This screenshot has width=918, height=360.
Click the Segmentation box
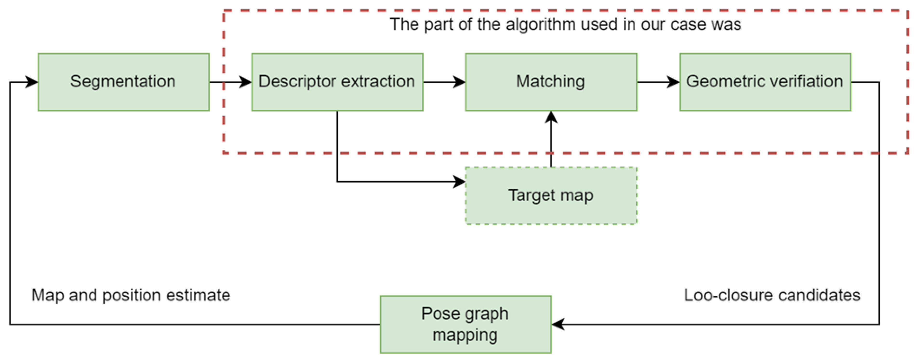pyautogui.click(x=123, y=82)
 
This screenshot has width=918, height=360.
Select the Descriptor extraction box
pyautogui.click(x=337, y=82)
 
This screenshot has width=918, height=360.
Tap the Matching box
pyautogui.click(x=551, y=82)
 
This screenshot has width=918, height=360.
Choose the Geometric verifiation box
pyautogui.click(x=765, y=82)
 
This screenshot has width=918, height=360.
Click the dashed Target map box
pyautogui.click(x=551, y=196)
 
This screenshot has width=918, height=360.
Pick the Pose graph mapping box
pyautogui.click(x=466, y=324)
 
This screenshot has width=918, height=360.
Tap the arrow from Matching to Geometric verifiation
pyautogui.click(x=658, y=82)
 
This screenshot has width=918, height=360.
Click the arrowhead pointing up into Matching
pyautogui.click(x=551, y=117)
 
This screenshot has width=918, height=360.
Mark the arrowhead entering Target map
pyautogui.click(x=459, y=181)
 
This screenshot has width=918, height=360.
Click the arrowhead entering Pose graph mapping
pyautogui.click(x=558, y=324)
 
